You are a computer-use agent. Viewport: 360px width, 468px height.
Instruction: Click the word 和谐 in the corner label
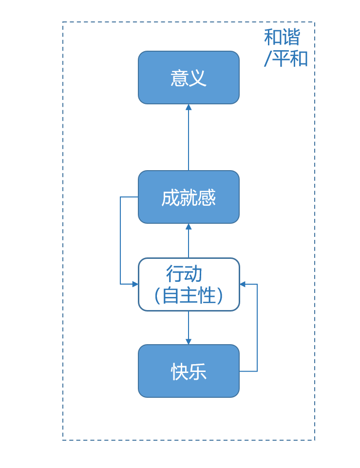click(282, 37)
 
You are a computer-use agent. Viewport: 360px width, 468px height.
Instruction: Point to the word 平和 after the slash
click(290, 59)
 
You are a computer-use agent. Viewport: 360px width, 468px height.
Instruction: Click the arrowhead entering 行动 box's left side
click(135, 284)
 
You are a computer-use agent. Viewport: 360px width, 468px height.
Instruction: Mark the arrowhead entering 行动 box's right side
click(243, 284)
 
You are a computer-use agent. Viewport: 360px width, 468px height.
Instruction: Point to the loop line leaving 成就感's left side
click(120, 239)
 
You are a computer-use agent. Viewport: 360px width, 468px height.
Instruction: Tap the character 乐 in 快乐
click(198, 372)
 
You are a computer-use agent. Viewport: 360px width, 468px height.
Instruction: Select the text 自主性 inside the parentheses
click(189, 296)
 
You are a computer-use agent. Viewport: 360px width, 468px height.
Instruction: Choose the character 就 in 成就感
click(189, 198)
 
